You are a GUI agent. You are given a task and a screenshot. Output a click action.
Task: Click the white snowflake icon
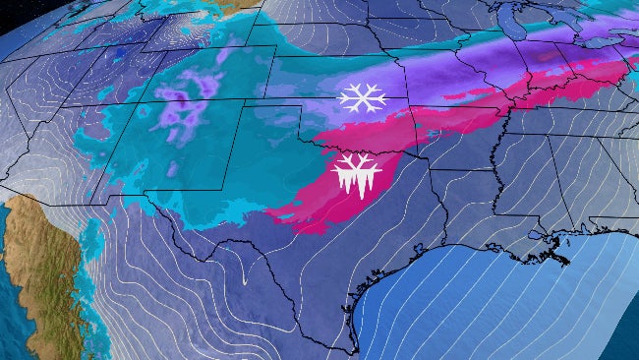tap(362, 97)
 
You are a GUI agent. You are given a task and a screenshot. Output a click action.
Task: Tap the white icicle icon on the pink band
tap(356, 174)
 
